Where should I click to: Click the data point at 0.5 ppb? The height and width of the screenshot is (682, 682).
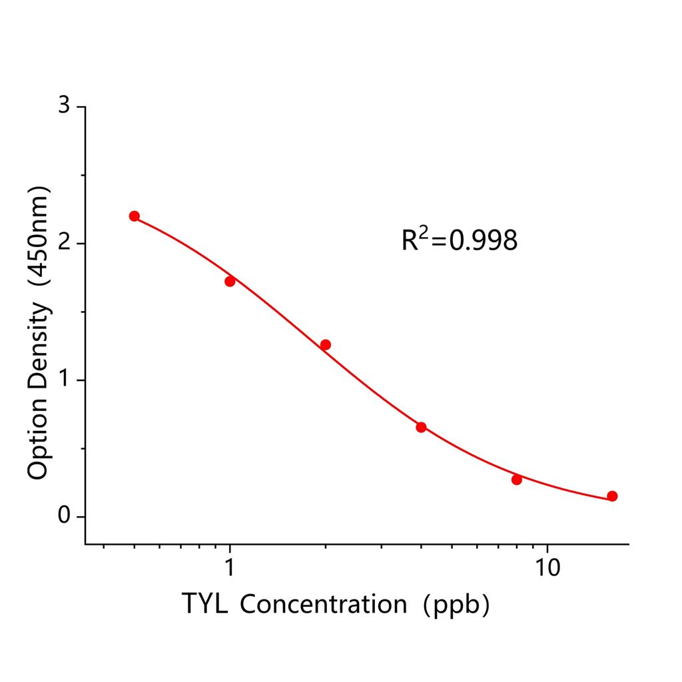135,216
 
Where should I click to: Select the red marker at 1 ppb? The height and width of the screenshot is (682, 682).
230,281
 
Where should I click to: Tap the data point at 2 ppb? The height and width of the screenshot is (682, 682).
325,344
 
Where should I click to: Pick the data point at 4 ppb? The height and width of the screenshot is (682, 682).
421,427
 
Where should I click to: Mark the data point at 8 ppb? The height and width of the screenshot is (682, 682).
517,480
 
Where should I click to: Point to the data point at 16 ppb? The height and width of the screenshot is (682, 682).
612,496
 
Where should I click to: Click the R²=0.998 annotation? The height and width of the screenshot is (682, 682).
459,240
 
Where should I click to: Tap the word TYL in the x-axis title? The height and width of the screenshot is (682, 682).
204,604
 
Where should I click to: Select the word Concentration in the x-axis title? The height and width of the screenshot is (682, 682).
323,605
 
